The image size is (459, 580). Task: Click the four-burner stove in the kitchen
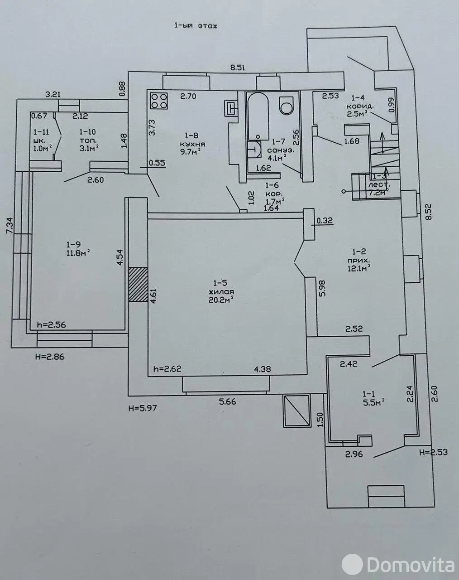click(x=159, y=101)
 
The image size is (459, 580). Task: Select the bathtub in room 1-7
click(x=258, y=116)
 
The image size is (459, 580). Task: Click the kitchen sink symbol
click(x=231, y=108)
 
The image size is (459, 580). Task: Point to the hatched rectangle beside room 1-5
click(x=138, y=285)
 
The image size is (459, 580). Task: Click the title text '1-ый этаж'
click(x=196, y=26)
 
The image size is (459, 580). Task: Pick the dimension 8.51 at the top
click(x=237, y=68)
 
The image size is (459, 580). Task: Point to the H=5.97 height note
click(x=143, y=408)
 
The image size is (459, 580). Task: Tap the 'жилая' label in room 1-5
click(x=221, y=292)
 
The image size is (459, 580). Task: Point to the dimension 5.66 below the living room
click(x=228, y=401)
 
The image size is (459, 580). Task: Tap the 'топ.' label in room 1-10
click(x=86, y=140)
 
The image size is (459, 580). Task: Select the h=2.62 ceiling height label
click(x=167, y=369)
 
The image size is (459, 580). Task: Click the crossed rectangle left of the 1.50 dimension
click(x=296, y=411)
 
